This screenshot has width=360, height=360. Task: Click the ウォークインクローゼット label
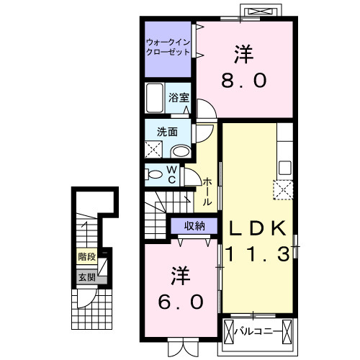[168, 47]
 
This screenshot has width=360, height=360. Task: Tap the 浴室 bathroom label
[179, 98]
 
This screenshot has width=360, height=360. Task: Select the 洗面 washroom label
[167, 132]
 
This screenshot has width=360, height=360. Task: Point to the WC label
[172, 175]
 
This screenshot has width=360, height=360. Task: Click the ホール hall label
[207, 192]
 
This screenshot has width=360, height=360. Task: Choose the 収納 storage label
[194, 225]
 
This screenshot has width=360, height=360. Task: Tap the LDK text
[257, 228]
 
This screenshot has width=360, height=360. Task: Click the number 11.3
[257, 254]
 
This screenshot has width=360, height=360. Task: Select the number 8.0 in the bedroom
[243, 81]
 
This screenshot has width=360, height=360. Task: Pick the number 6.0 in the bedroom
[181, 302]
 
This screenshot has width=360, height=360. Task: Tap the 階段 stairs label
[87, 257]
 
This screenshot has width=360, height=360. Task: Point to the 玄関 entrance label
[87, 278]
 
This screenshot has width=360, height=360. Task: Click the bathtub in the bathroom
[155, 98]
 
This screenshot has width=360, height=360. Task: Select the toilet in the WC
[153, 174]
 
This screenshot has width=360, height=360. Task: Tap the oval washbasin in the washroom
[181, 151]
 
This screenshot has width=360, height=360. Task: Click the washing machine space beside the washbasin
[153, 149]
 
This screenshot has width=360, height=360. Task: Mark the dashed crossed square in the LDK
[284, 189]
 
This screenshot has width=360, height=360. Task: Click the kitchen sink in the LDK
[285, 167]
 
